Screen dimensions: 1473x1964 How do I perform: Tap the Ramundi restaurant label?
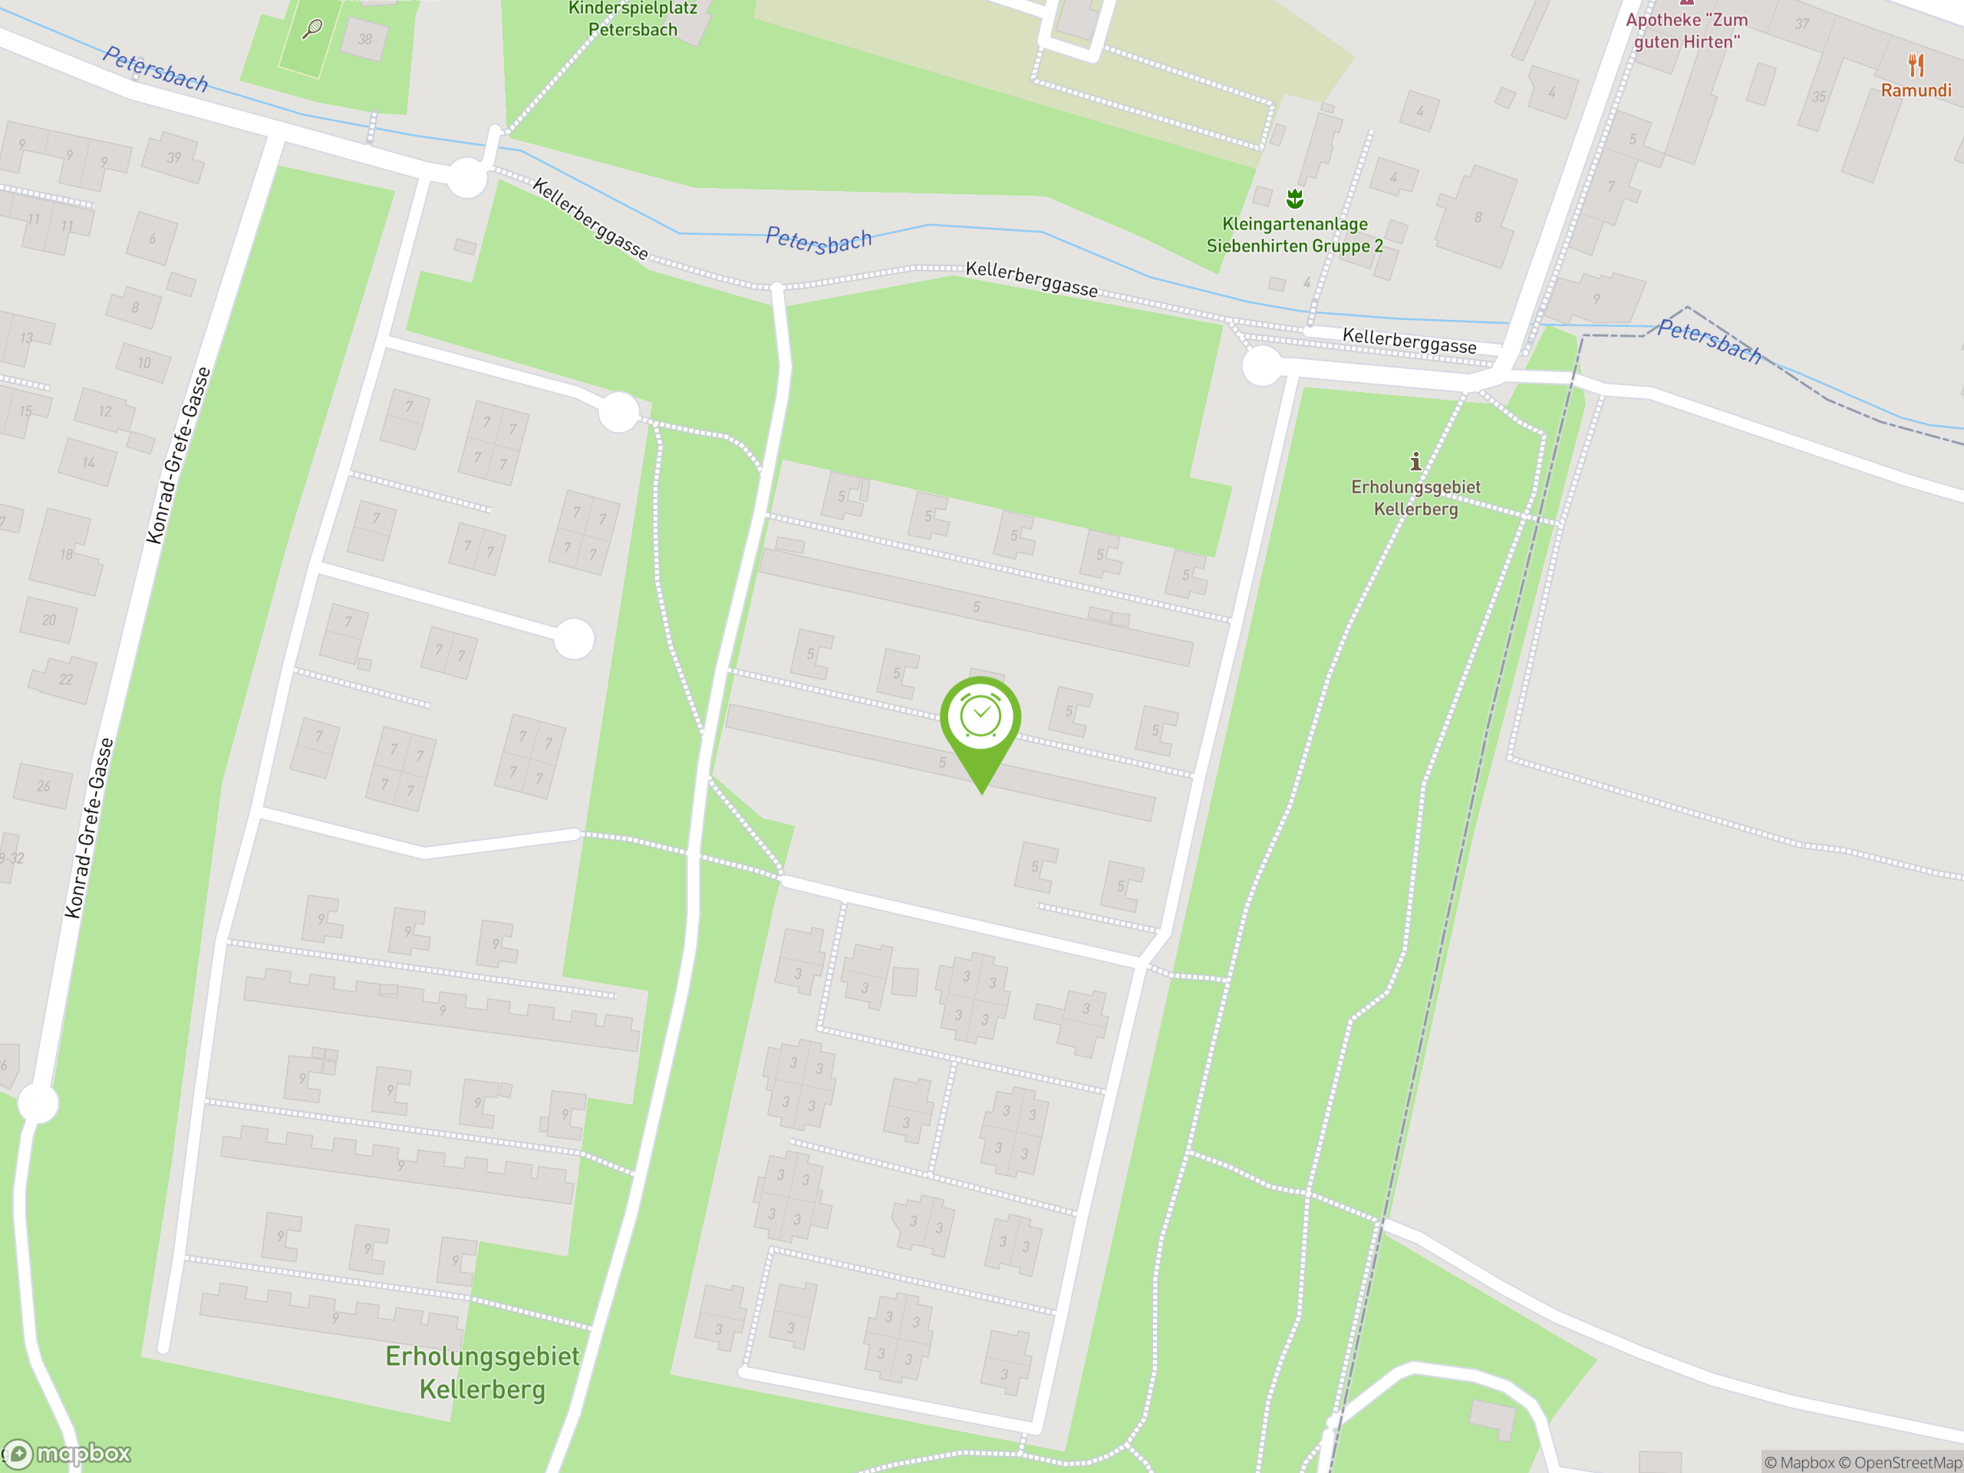1915,91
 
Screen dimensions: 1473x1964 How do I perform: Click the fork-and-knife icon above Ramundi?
1915,64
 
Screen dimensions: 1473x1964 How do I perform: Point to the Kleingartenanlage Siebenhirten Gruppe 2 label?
1293,236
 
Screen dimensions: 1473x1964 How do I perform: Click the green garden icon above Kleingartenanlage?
1294,198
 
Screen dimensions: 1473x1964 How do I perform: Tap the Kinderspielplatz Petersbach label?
632,19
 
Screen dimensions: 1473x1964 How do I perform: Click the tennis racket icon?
312,29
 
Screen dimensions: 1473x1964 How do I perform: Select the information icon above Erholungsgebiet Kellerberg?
1415,461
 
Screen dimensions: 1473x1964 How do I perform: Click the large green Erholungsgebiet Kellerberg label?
482,1372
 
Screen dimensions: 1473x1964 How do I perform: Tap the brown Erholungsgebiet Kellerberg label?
1415,498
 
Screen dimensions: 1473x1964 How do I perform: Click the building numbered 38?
364,40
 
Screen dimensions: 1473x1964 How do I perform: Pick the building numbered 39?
174,158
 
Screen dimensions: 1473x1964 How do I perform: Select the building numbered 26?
44,786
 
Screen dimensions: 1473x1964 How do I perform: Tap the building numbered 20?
49,620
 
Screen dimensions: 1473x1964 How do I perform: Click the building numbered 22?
64,679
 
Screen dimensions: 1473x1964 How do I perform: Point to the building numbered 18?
66,554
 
